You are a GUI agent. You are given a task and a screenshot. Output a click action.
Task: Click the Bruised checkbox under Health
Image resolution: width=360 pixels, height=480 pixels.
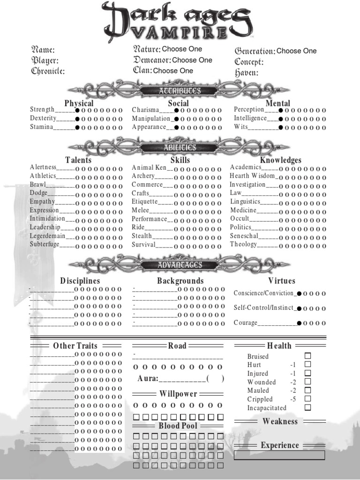click(x=307, y=356)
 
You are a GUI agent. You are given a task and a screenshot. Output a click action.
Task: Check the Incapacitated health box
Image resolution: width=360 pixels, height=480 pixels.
click(x=307, y=408)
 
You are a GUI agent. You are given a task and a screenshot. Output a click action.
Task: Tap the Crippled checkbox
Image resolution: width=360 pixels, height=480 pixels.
click(x=307, y=399)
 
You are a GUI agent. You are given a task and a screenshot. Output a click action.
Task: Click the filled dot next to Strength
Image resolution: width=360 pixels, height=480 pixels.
click(x=77, y=110)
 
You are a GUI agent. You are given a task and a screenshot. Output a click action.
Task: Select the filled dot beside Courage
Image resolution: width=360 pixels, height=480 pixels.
click(x=299, y=323)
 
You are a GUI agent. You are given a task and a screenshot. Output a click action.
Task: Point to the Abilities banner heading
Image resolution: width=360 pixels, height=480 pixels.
click(x=180, y=148)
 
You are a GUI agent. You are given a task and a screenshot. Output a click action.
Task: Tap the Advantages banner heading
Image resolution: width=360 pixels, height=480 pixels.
click(x=180, y=265)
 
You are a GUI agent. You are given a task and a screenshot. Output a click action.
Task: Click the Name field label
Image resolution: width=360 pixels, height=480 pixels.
click(x=43, y=50)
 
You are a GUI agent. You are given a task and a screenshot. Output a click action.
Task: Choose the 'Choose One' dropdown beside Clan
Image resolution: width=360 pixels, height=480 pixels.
click(x=173, y=71)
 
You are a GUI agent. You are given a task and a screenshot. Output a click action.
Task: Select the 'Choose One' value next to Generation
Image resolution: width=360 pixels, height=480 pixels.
click(x=296, y=51)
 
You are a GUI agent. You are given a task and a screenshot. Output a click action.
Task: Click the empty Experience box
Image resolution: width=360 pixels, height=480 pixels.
click(x=279, y=455)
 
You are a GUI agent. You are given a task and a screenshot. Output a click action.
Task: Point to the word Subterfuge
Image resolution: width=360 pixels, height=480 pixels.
click(x=45, y=244)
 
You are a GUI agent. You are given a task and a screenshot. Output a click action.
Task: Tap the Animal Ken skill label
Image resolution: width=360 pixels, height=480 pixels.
click(x=149, y=167)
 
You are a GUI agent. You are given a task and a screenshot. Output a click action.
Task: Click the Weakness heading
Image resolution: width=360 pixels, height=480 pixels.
click(x=280, y=421)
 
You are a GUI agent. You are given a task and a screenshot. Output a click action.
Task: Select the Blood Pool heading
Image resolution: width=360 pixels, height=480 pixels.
click(x=178, y=426)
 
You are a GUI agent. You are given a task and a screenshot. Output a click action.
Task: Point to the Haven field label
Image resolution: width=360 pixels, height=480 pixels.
click(x=247, y=73)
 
